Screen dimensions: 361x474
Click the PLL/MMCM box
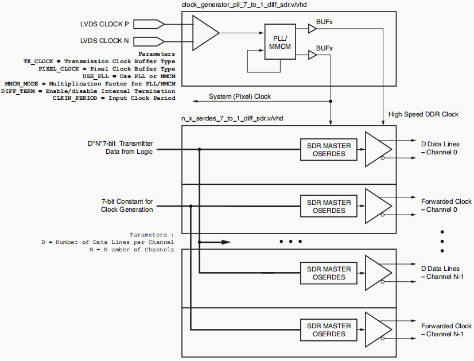click(x=280, y=42)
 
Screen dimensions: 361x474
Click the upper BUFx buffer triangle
click(x=312, y=26)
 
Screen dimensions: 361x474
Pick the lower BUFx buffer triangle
click(x=312, y=56)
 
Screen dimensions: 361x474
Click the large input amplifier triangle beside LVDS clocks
click(x=204, y=33)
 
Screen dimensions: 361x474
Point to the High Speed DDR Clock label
click(x=423, y=114)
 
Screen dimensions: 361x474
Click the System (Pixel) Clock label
click(x=239, y=96)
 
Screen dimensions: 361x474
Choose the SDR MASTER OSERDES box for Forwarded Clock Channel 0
click(x=329, y=206)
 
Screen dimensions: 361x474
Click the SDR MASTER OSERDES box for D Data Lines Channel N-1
click(x=329, y=273)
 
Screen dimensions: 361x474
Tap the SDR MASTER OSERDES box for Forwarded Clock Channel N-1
click(x=329, y=330)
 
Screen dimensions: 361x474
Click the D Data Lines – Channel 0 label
click(x=441, y=148)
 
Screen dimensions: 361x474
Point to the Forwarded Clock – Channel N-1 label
click(x=446, y=330)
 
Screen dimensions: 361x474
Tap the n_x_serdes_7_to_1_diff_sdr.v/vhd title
click(x=232, y=118)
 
